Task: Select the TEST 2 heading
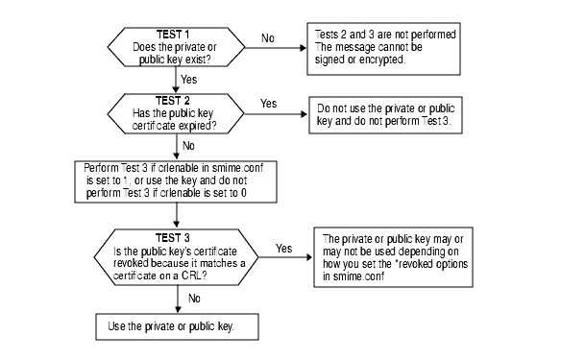pyautogui.click(x=174, y=101)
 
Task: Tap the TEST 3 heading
pyautogui.click(x=173, y=236)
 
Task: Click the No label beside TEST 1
pyautogui.click(x=268, y=38)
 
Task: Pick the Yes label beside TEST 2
pyautogui.click(x=269, y=103)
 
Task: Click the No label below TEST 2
pyautogui.click(x=188, y=146)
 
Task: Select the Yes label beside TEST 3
pyautogui.click(x=284, y=248)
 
